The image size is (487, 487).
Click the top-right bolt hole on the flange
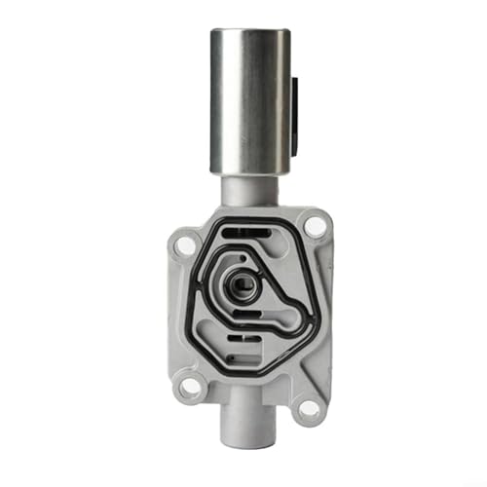tap(314, 226)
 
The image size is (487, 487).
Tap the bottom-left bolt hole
tap(191, 387)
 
